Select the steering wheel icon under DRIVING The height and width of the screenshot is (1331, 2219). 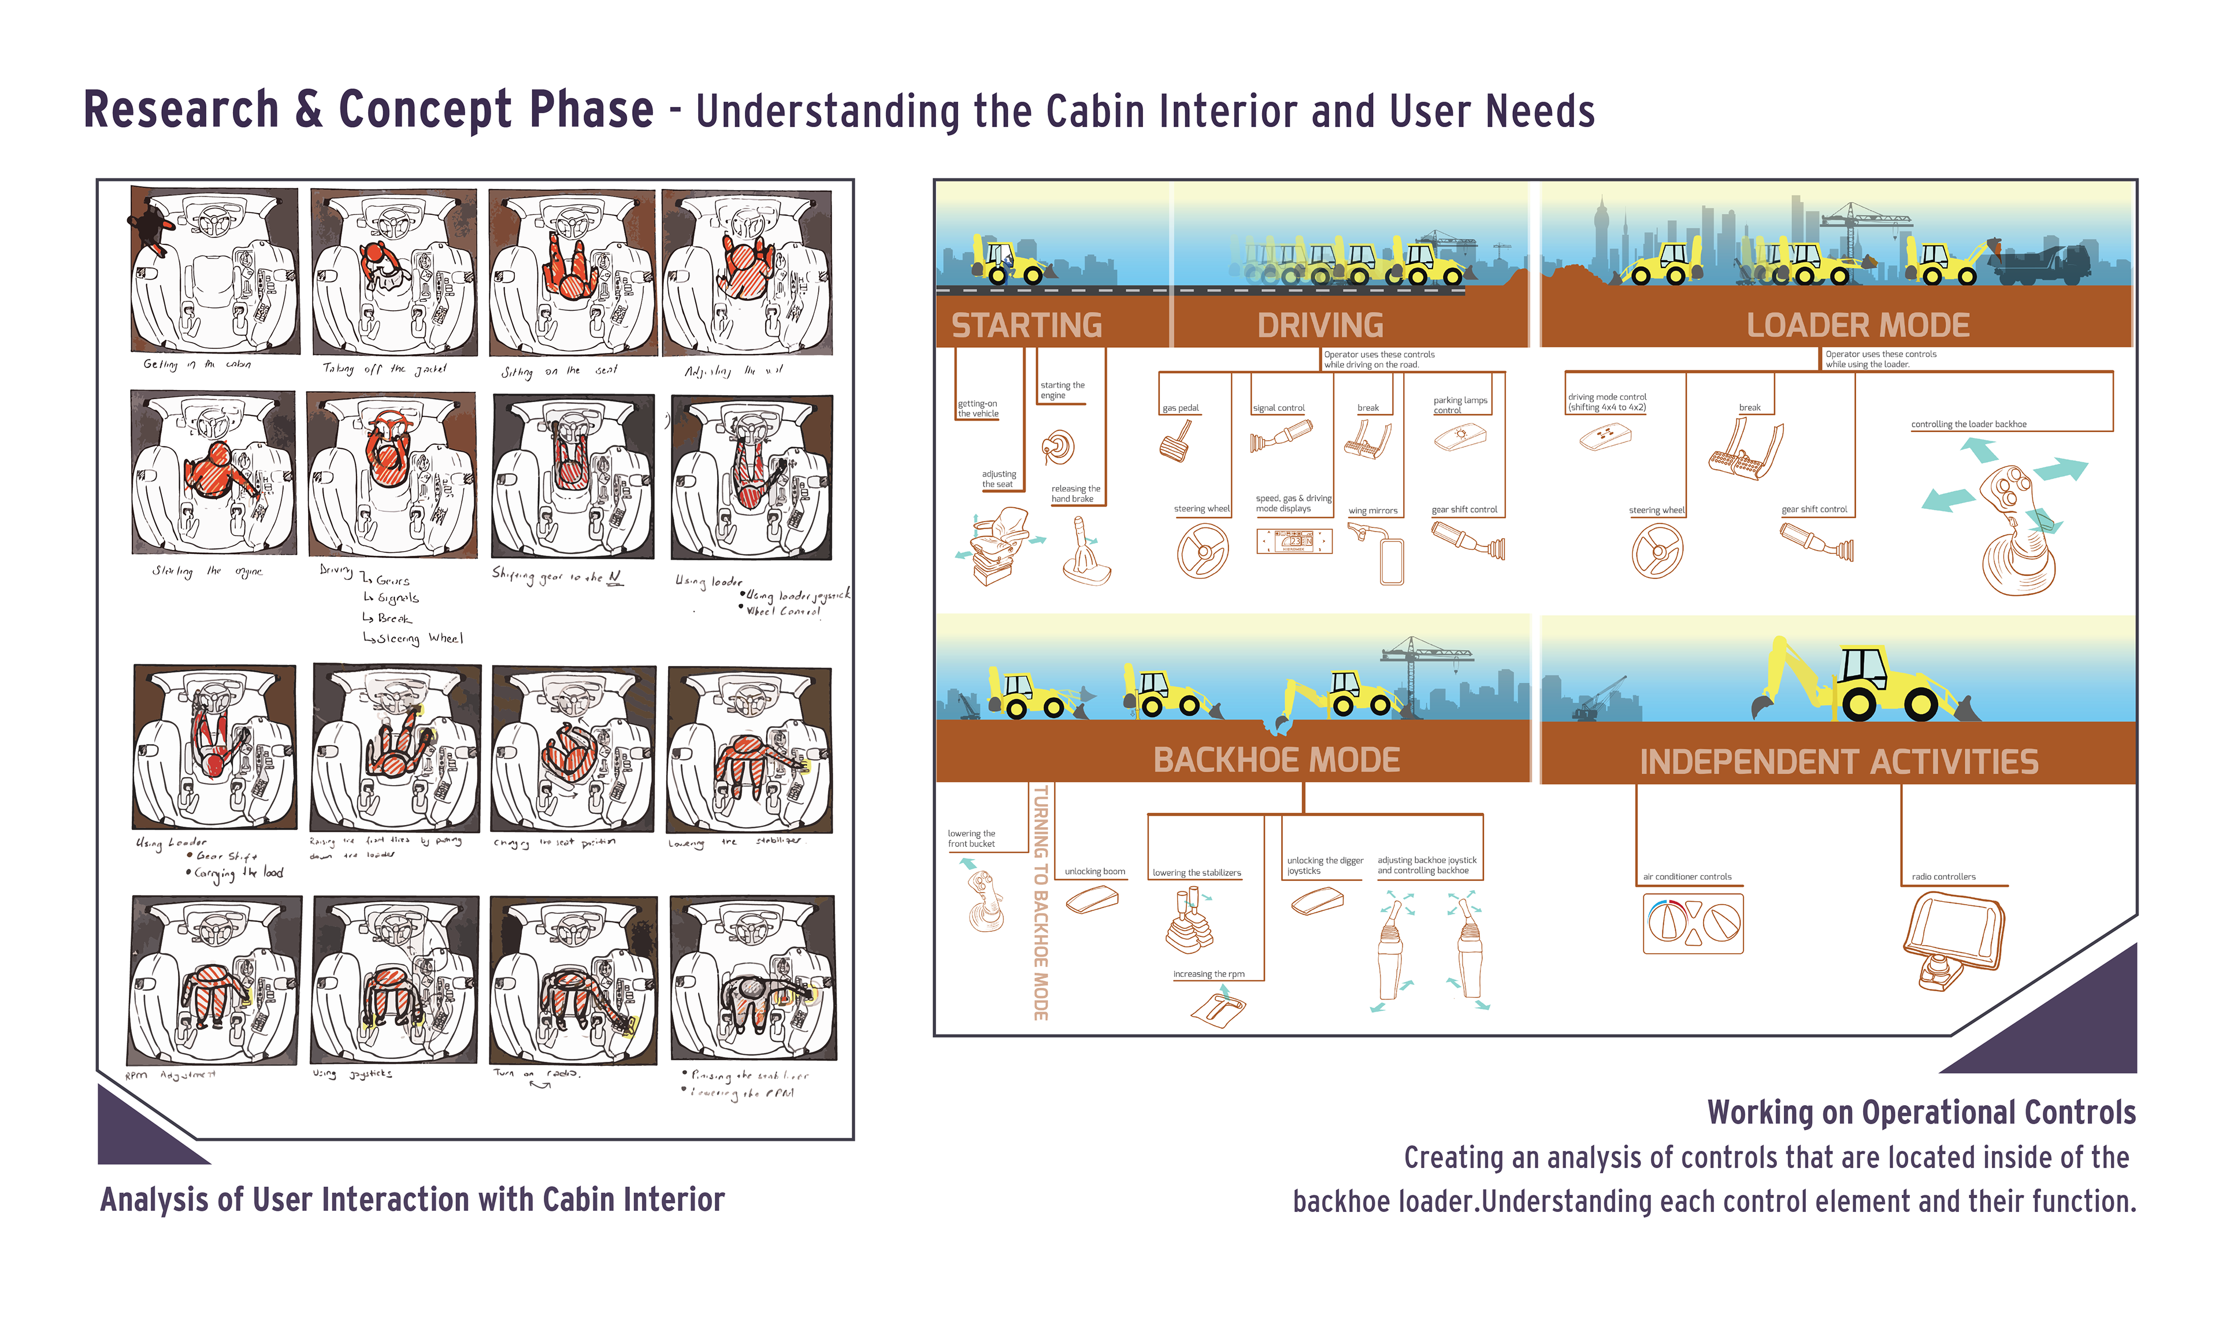(x=1202, y=550)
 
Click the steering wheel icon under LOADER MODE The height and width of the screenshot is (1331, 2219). (x=1657, y=550)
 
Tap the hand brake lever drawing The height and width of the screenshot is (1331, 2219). (x=1085, y=552)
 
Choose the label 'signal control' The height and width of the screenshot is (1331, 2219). (x=1278, y=408)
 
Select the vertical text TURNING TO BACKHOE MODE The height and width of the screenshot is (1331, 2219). (x=1040, y=901)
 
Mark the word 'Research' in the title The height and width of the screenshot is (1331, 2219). (x=181, y=110)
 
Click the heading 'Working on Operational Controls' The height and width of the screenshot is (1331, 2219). (x=1920, y=1112)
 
